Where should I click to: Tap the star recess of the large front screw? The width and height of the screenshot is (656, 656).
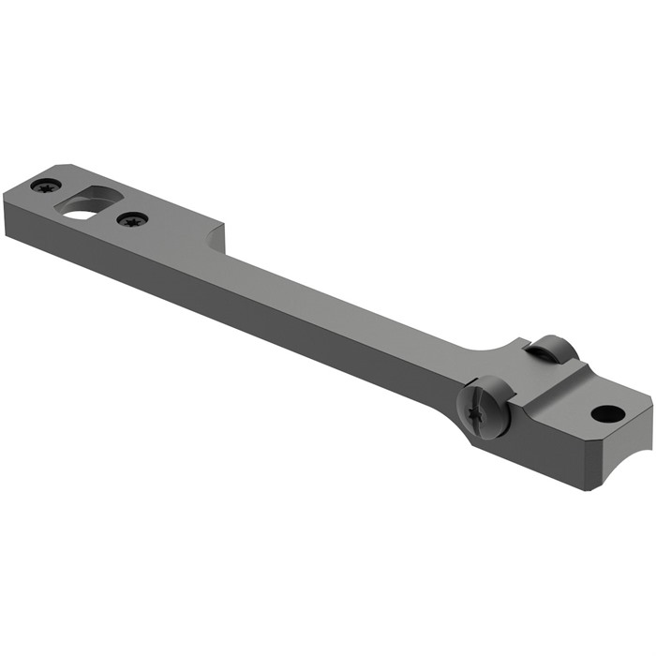(478, 409)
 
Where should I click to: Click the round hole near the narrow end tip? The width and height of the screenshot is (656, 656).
(607, 412)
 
